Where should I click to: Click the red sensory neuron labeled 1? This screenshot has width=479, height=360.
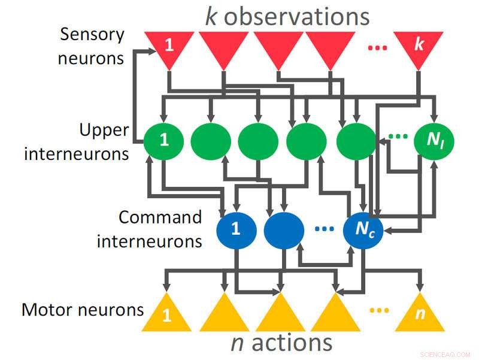click(169, 47)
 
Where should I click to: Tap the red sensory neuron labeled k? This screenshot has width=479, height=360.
click(419, 47)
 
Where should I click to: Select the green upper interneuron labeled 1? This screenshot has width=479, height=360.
click(164, 141)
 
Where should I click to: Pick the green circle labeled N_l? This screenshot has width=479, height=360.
click(434, 141)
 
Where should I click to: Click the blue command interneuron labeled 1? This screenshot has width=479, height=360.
click(236, 229)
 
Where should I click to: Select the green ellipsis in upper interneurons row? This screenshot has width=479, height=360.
click(398, 137)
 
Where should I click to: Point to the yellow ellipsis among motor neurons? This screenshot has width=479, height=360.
click(379, 310)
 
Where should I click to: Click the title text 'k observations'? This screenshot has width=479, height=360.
click(287, 16)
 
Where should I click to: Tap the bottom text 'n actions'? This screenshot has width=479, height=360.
click(281, 343)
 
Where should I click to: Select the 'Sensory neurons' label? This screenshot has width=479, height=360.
click(92, 46)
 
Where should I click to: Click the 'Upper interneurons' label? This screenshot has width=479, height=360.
click(77, 141)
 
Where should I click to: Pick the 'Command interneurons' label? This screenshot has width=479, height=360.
click(149, 229)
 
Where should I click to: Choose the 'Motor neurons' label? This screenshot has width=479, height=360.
click(83, 310)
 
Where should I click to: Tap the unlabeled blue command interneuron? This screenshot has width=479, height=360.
click(284, 229)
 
